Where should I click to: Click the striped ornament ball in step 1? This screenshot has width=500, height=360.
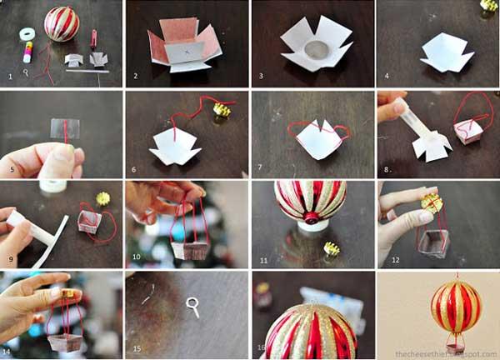[x=61, y=23]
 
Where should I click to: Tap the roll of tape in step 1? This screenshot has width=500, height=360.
[x=27, y=35]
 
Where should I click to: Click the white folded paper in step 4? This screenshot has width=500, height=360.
[x=446, y=52]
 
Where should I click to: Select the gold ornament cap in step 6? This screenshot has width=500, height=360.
[x=222, y=109]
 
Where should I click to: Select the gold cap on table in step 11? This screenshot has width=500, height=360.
[x=332, y=249]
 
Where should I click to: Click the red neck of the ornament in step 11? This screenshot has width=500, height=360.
[x=311, y=219]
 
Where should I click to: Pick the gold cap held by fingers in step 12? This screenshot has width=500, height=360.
[x=432, y=202]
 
